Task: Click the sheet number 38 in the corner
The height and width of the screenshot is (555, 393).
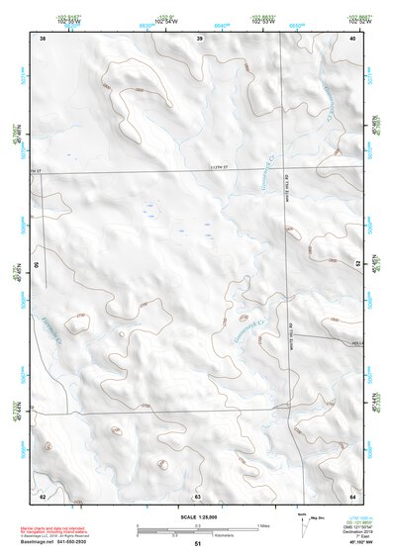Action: pos(43,38)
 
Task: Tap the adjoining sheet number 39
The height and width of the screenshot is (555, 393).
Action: pos(199,38)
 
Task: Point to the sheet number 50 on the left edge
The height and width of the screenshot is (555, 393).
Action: pos(39,266)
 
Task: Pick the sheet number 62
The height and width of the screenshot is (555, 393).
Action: pos(43,495)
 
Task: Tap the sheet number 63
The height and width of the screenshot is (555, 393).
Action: pos(198,495)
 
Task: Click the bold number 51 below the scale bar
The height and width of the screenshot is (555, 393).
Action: pos(198,544)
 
